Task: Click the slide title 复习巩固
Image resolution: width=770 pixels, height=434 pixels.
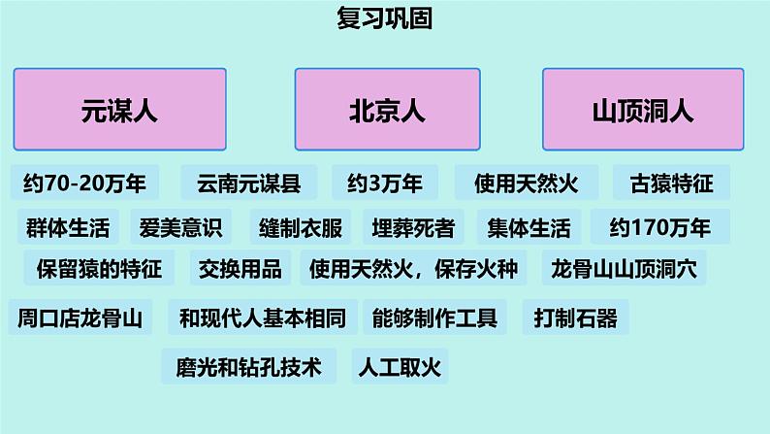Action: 384,19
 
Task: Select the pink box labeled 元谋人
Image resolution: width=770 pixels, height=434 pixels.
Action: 119,109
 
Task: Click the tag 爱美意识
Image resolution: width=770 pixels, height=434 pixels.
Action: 181,228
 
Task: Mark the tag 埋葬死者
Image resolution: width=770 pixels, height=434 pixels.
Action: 413,228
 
